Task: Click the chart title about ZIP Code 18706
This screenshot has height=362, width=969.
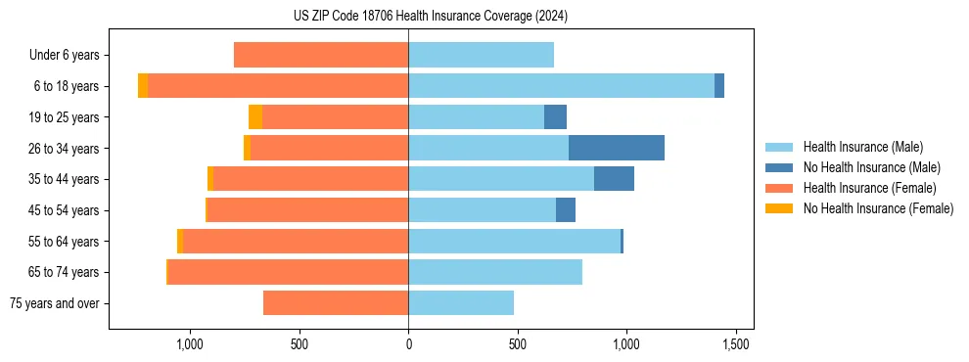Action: click(x=484, y=16)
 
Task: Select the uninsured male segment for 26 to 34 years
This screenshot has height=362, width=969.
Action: click(x=616, y=148)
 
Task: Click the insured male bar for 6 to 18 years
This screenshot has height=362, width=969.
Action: click(x=561, y=86)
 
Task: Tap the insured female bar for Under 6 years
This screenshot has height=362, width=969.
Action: click(x=321, y=55)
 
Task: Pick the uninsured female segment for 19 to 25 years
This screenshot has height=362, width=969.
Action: click(x=255, y=117)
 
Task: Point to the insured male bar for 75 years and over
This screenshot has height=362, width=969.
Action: click(x=461, y=303)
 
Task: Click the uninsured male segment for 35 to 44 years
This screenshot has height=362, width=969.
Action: click(x=614, y=179)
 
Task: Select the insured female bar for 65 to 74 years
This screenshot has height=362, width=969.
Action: click(x=288, y=272)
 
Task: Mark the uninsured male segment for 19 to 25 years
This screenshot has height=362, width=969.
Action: click(x=555, y=117)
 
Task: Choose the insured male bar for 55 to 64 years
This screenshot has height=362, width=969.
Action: click(x=514, y=241)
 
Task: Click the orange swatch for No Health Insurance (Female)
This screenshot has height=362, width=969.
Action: click(x=779, y=208)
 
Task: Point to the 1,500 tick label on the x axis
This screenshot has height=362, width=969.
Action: click(x=736, y=344)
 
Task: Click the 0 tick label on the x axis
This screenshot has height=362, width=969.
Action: click(x=408, y=344)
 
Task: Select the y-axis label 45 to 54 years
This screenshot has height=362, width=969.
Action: click(x=66, y=210)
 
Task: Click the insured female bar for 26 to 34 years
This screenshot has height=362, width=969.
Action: click(x=329, y=148)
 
